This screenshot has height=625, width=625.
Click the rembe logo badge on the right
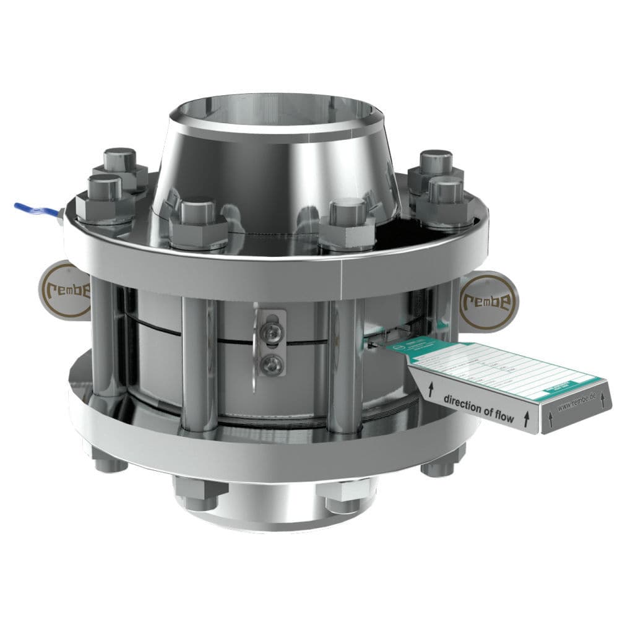coord(488,301)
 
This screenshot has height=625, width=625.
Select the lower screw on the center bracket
coord(270,364)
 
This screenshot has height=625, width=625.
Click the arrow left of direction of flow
coord(429,389)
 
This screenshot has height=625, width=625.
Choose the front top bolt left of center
coord(198,222)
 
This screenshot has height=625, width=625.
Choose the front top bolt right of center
coord(347,222)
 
